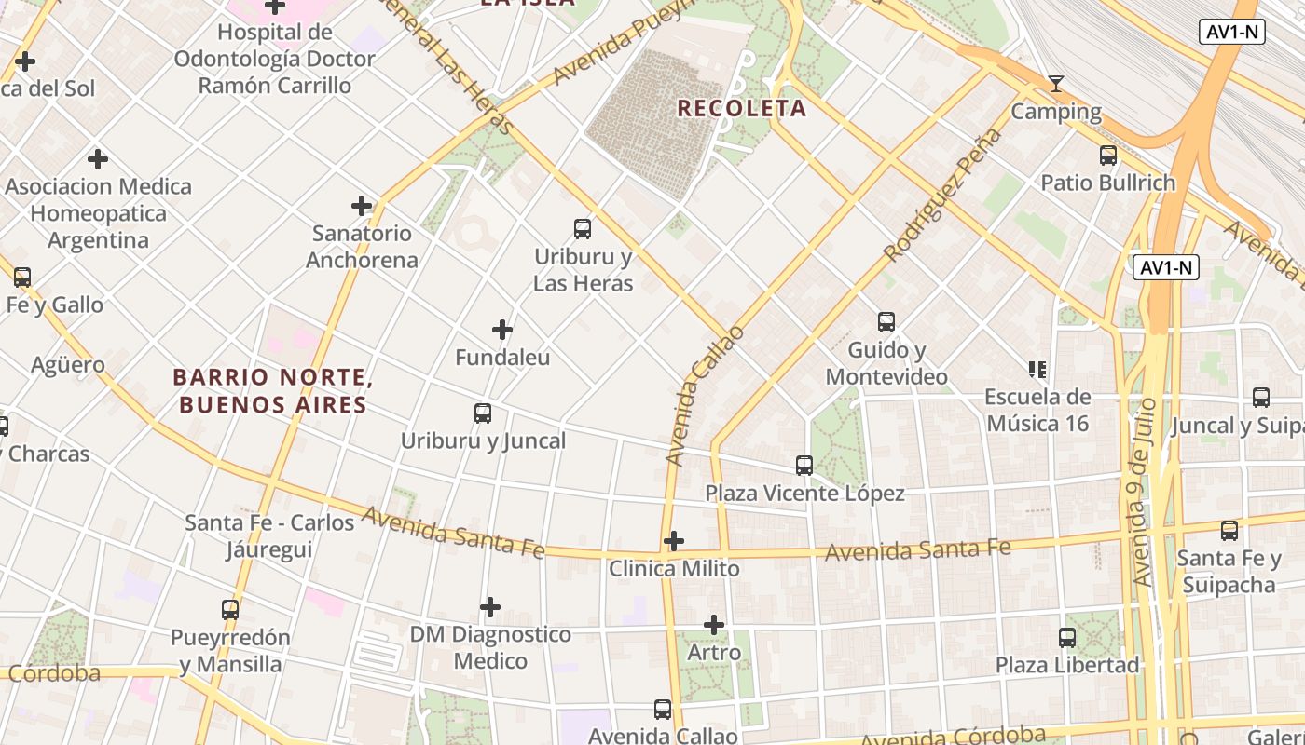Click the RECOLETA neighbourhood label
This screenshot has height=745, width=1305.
click(741, 108)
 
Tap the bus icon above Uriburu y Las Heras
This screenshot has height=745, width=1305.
click(583, 228)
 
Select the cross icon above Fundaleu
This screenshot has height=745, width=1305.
click(502, 330)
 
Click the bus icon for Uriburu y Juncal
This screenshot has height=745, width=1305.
click(483, 413)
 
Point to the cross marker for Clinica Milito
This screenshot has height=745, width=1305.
click(673, 541)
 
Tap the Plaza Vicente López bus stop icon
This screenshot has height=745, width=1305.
click(804, 466)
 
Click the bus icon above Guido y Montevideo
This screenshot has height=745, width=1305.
click(886, 322)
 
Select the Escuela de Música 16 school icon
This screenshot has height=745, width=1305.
click(1037, 370)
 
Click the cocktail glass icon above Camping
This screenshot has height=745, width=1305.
click(1056, 85)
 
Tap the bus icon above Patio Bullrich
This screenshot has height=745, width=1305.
click(1108, 156)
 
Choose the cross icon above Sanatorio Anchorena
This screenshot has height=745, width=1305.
click(362, 206)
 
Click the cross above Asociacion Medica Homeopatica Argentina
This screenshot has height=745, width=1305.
click(98, 159)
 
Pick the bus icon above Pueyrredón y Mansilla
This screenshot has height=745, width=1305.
click(230, 610)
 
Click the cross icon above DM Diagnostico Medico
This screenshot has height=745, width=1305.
click(490, 608)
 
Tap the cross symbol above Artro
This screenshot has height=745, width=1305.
click(714, 625)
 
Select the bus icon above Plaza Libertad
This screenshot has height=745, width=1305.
click(1067, 638)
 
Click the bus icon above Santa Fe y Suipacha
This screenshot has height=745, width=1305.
click(1229, 531)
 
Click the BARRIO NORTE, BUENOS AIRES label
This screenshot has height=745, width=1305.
click(272, 391)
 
